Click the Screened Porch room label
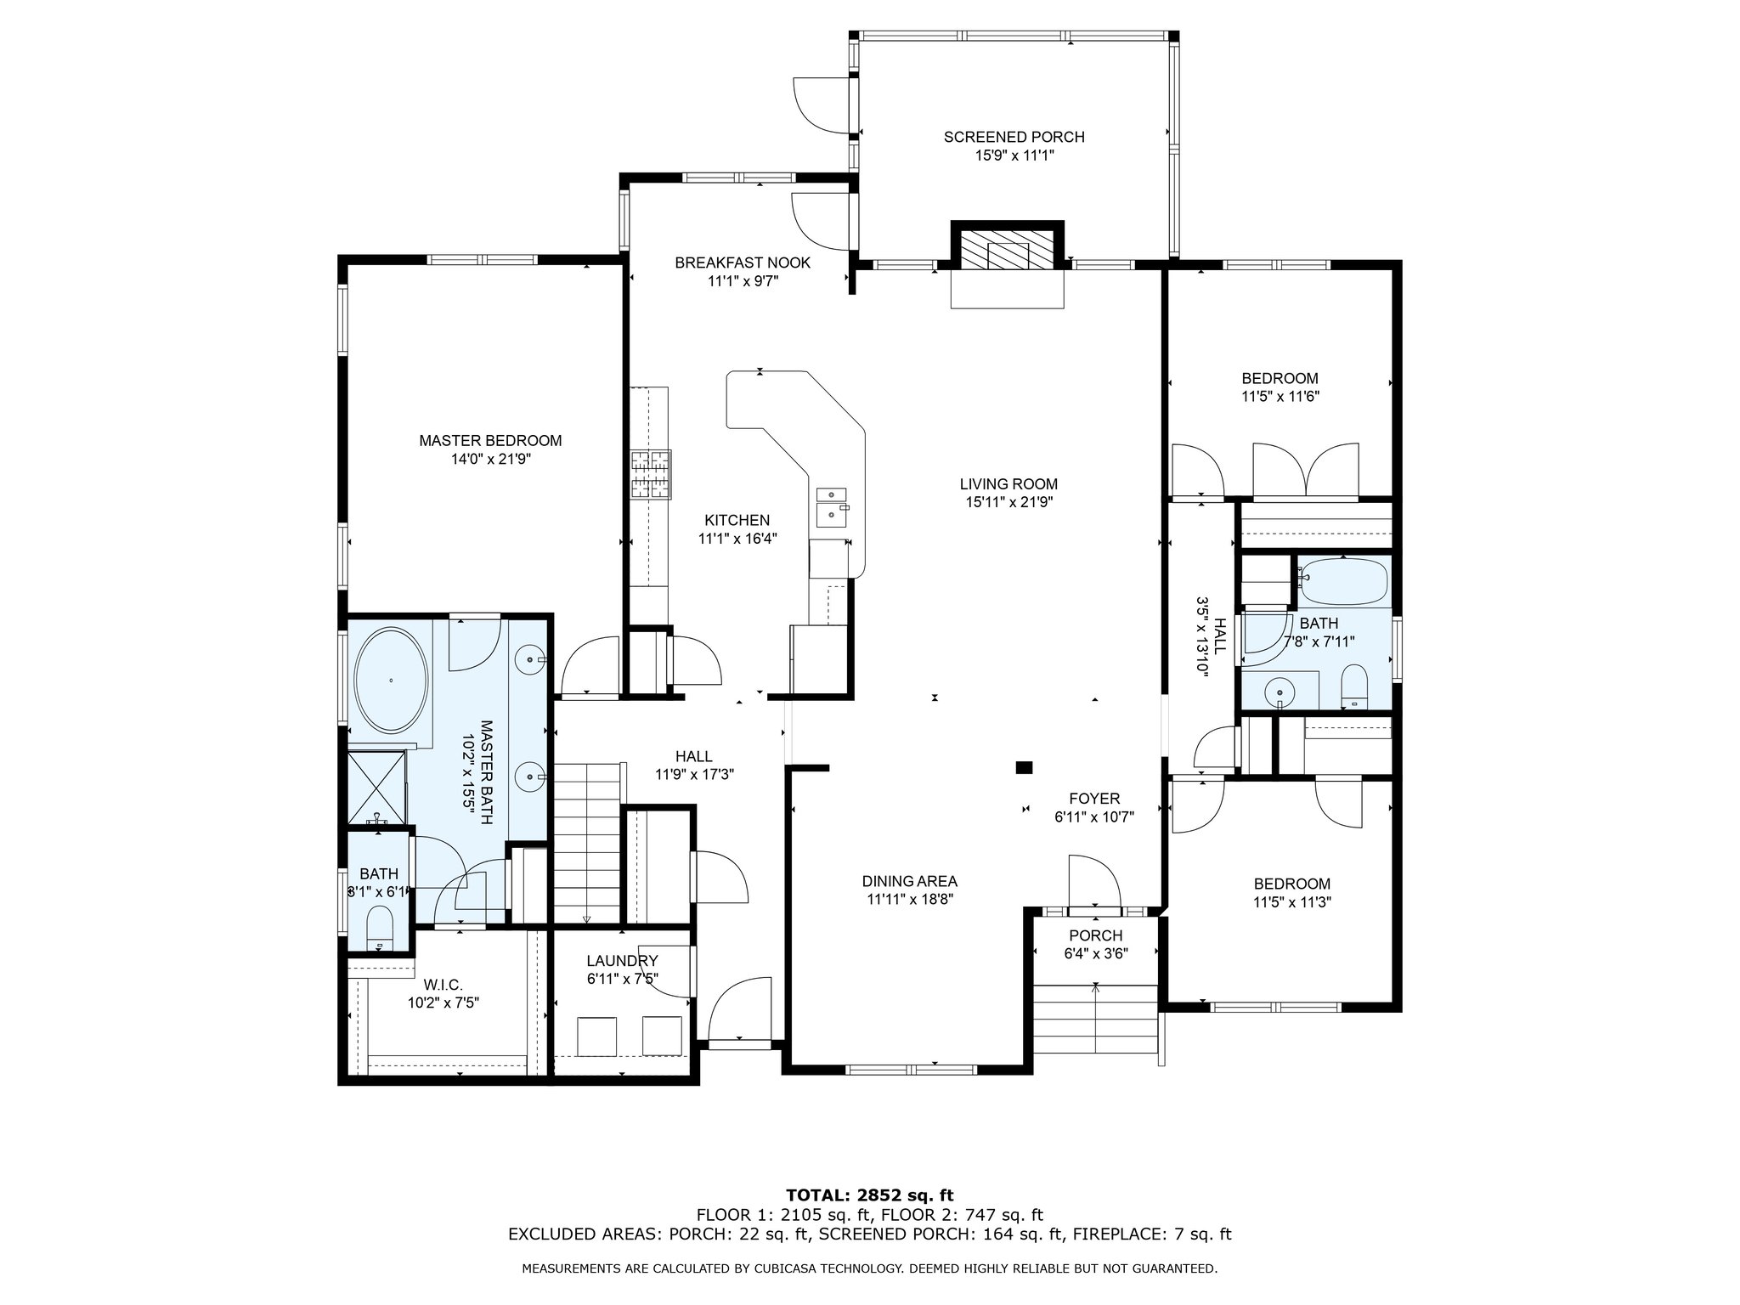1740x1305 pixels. (1014, 137)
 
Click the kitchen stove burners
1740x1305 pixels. (650, 473)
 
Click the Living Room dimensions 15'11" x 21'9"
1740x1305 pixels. (1009, 502)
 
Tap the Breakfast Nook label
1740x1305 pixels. (743, 263)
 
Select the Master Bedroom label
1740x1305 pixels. (490, 440)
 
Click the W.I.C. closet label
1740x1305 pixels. (443, 985)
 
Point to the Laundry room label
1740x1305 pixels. (622, 961)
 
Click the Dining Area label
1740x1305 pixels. (910, 881)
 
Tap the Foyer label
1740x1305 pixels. (1094, 799)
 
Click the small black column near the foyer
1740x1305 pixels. (1024, 768)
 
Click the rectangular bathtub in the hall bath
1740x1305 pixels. (1343, 580)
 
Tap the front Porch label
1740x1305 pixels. (1095, 935)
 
